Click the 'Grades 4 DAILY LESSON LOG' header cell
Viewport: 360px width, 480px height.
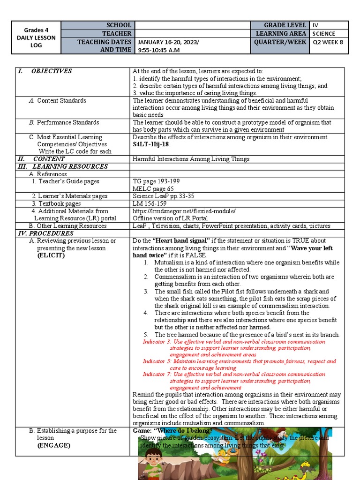coord(37,37)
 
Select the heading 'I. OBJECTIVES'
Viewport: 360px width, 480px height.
coord(45,71)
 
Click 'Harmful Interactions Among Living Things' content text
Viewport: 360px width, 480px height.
coord(191,159)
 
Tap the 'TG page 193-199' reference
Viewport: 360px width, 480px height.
coord(156,181)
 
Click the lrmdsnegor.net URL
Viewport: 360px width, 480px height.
coord(184,211)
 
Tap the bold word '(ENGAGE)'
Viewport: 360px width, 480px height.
coord(53,445)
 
